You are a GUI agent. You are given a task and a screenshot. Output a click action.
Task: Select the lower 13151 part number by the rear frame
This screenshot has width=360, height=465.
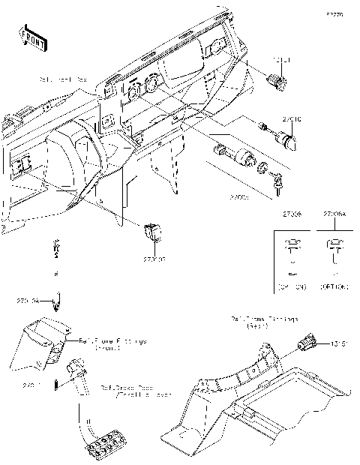pyautogui.click(x=338, y=344)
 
